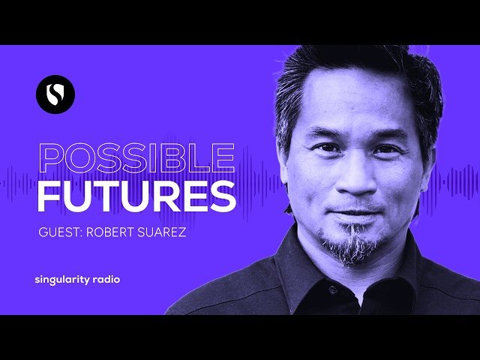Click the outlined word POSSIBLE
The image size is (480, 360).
(x=135, y=158)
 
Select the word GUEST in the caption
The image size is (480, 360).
(x=60, y=232)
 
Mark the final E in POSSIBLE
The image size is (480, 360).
(x=223, y=158)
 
